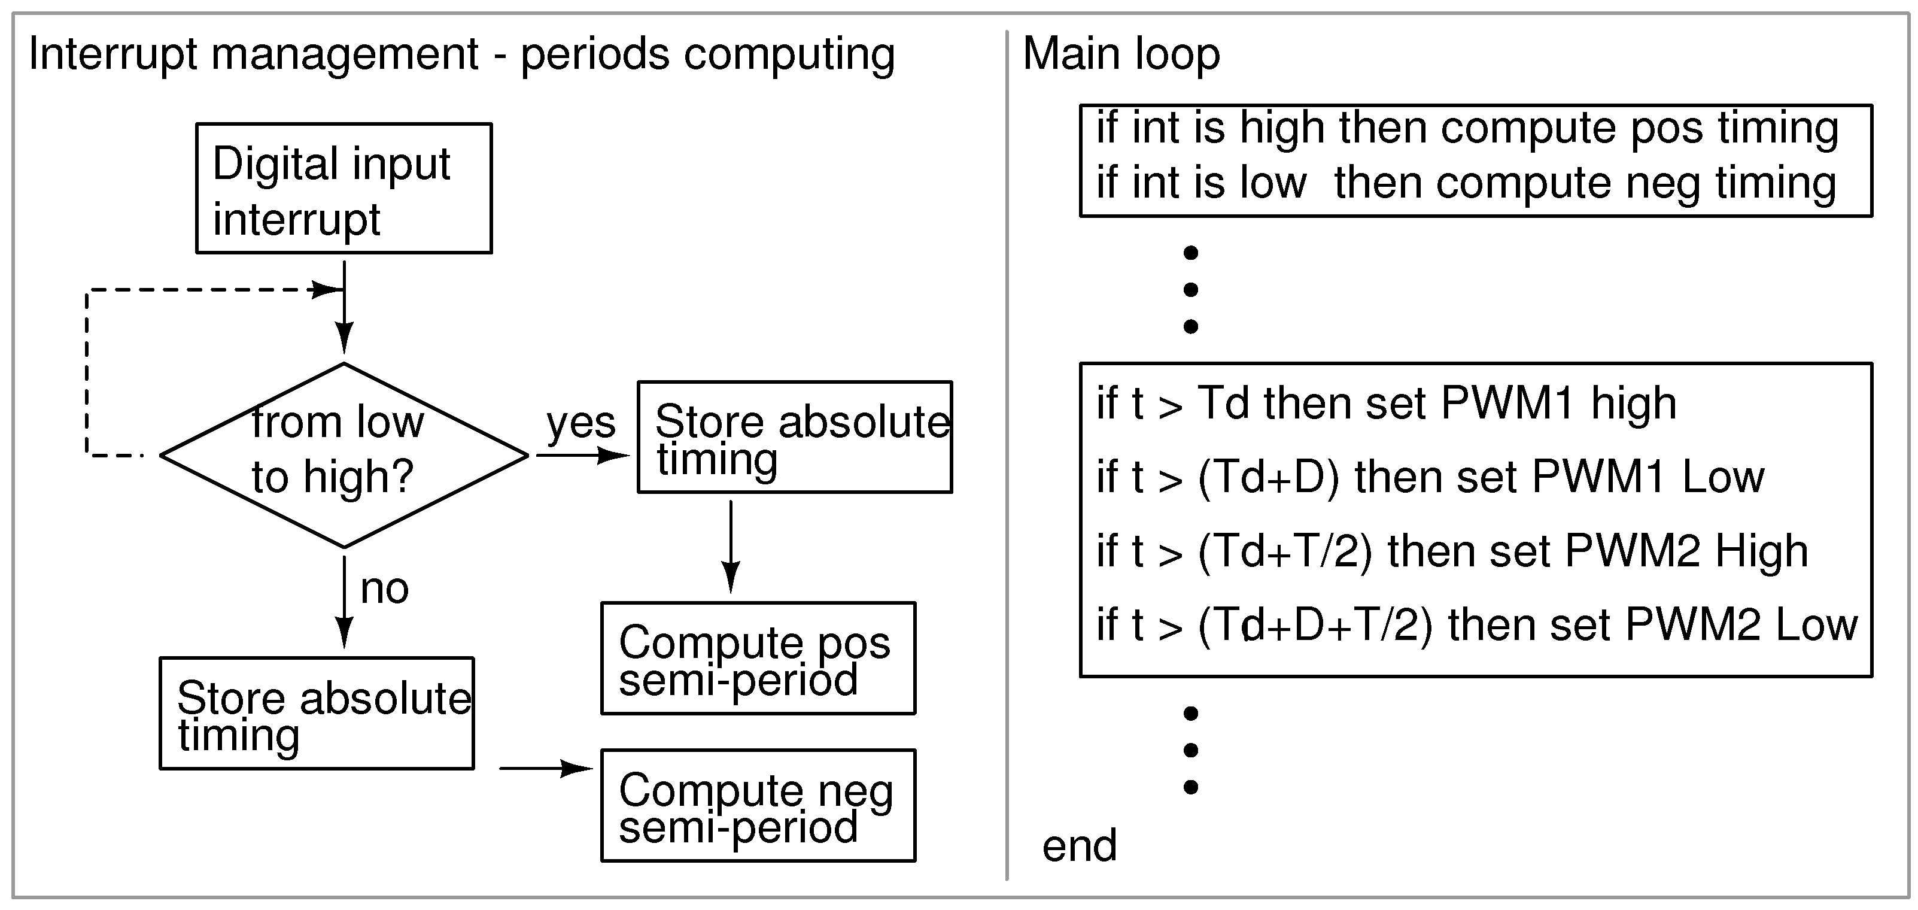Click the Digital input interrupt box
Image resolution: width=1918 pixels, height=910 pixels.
pyautogui.click(x=344, y=189)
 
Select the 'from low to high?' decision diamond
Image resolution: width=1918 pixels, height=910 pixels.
pyautogui.click(x=344, y=455)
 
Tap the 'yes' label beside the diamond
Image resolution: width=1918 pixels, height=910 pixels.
pyautogui.click(x=580, y=423)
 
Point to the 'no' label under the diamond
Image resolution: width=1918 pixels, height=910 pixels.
pyautogui.click(x=384, y=589)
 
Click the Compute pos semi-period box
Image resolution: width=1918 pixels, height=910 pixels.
pyautogui.click(x=758, y=659)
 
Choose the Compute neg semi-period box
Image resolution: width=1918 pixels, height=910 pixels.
pyautogui.click(x=758, y=806)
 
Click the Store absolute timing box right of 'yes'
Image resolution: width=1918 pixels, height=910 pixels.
pyautogui.click(x=795, y=437)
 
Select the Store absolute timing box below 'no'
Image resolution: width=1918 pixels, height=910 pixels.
pyautogui.click(x=317, y=714)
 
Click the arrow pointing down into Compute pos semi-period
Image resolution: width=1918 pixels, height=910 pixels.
pyautogui.click(x=731, y=547)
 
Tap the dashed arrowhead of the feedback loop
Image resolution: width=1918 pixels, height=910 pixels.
pyautogui.click(x=326, y=289)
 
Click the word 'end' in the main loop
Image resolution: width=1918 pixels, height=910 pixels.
pyautogui.click(x=1079, y=846)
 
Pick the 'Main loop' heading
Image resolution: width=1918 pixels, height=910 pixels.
pyautogui.click(x=1120, y=54)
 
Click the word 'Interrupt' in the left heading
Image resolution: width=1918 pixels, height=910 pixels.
pyautogui.click(x=112, y=54)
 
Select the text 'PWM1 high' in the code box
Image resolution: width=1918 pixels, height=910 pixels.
pyautogui.click(x=1558, y=404)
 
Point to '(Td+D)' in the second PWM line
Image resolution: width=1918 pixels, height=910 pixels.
pyautogui.click(x=1268, y=477)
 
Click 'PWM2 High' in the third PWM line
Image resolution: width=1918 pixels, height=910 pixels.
pyautogui.click(x=1686, y=551)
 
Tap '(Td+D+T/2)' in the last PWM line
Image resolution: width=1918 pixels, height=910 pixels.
pyautogui.click(x=1314, y=624)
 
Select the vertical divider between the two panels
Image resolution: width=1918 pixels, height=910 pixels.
pyautogui.click(x=1007, y=455)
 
